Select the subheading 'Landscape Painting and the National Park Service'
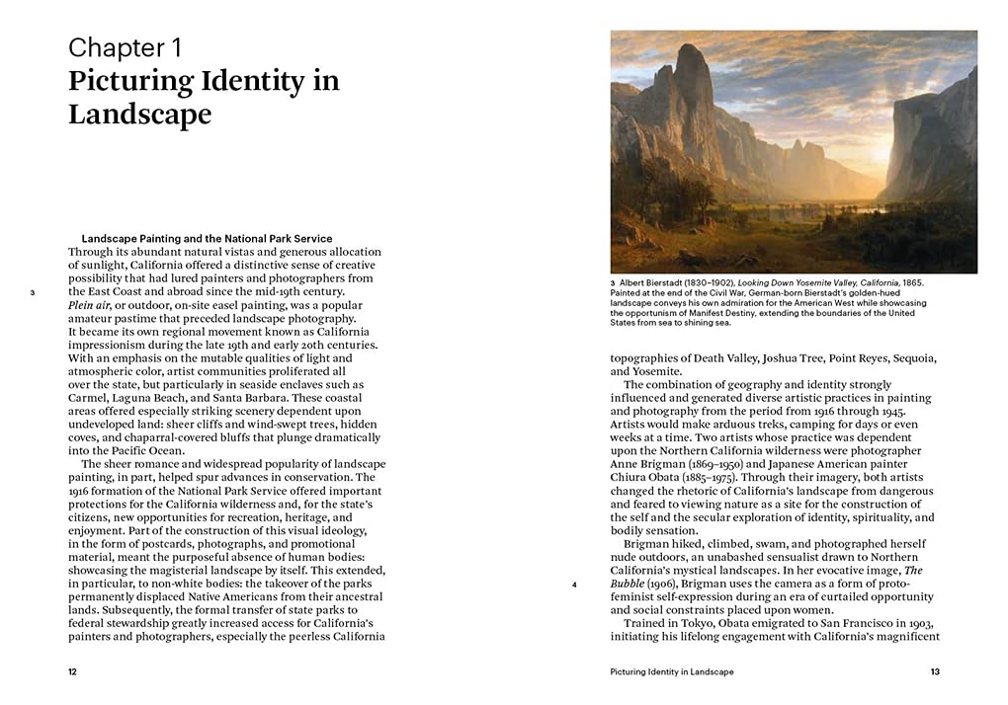click(207, 239)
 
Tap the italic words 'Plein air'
click(90, 305)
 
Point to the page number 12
click(72, 671)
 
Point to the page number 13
click(935, 671)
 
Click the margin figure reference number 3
click(33, 292)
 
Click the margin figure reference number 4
click(574, 585)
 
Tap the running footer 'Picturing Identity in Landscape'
click(672, 671)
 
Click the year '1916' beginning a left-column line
click(82, 491)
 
